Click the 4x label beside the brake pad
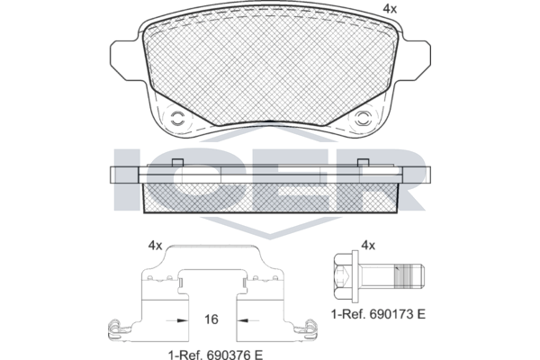(x=390, y=9)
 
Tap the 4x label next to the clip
(x=155, y=246)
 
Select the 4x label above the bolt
(x=368, y=246)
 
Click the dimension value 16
(x=211, y=319)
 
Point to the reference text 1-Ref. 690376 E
(x=216, y=355)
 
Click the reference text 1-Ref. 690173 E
(x=378, y=314)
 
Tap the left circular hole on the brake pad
(x=178, y=119)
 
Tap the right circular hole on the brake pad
(x=363, y=119)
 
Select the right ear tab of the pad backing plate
(x=414, y=60)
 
